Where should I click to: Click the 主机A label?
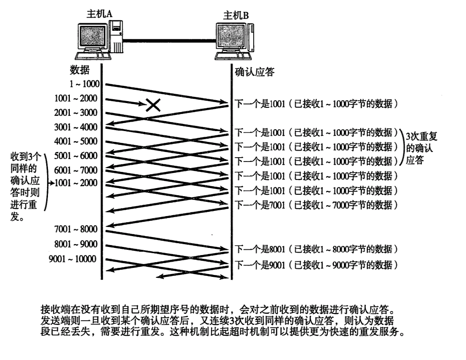(x=99, y=14)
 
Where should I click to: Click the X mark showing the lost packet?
(x=152, y=104)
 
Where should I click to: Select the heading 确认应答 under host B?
(x=255, y=72)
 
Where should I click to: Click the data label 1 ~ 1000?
(x=83, y=84)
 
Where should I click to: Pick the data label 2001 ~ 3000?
(x=76, y=113)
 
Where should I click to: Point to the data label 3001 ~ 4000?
(x=76, y=127)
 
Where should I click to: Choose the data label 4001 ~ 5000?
(x=76, y=141)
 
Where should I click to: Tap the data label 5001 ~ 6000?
(x=76, y=155)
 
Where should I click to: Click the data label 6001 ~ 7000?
(x=76, y=170)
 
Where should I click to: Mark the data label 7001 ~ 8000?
(x=76, y=230)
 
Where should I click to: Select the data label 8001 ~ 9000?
(x=76, y=244)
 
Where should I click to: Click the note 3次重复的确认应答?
(x=420, y=148)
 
